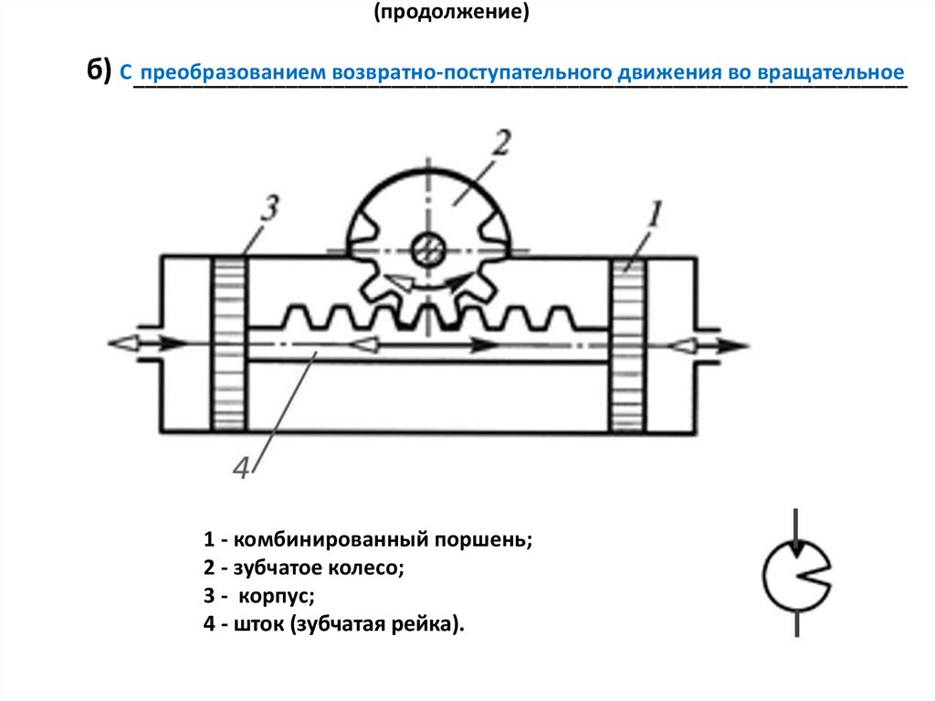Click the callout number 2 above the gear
pos(501,143)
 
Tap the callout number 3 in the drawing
pos(270,207)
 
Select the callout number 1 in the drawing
pos(655,214)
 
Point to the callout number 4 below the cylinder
pos(241,468)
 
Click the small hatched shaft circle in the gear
pos(427,249)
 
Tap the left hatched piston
pos(229,344)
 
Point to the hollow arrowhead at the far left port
pos(123,344)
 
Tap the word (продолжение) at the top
pos(451,11)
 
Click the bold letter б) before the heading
pos(99,70)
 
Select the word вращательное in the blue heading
pos(831,72)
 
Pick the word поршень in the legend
pos(483,539)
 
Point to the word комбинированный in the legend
pos(331,540)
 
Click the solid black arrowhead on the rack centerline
pos(484,345)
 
